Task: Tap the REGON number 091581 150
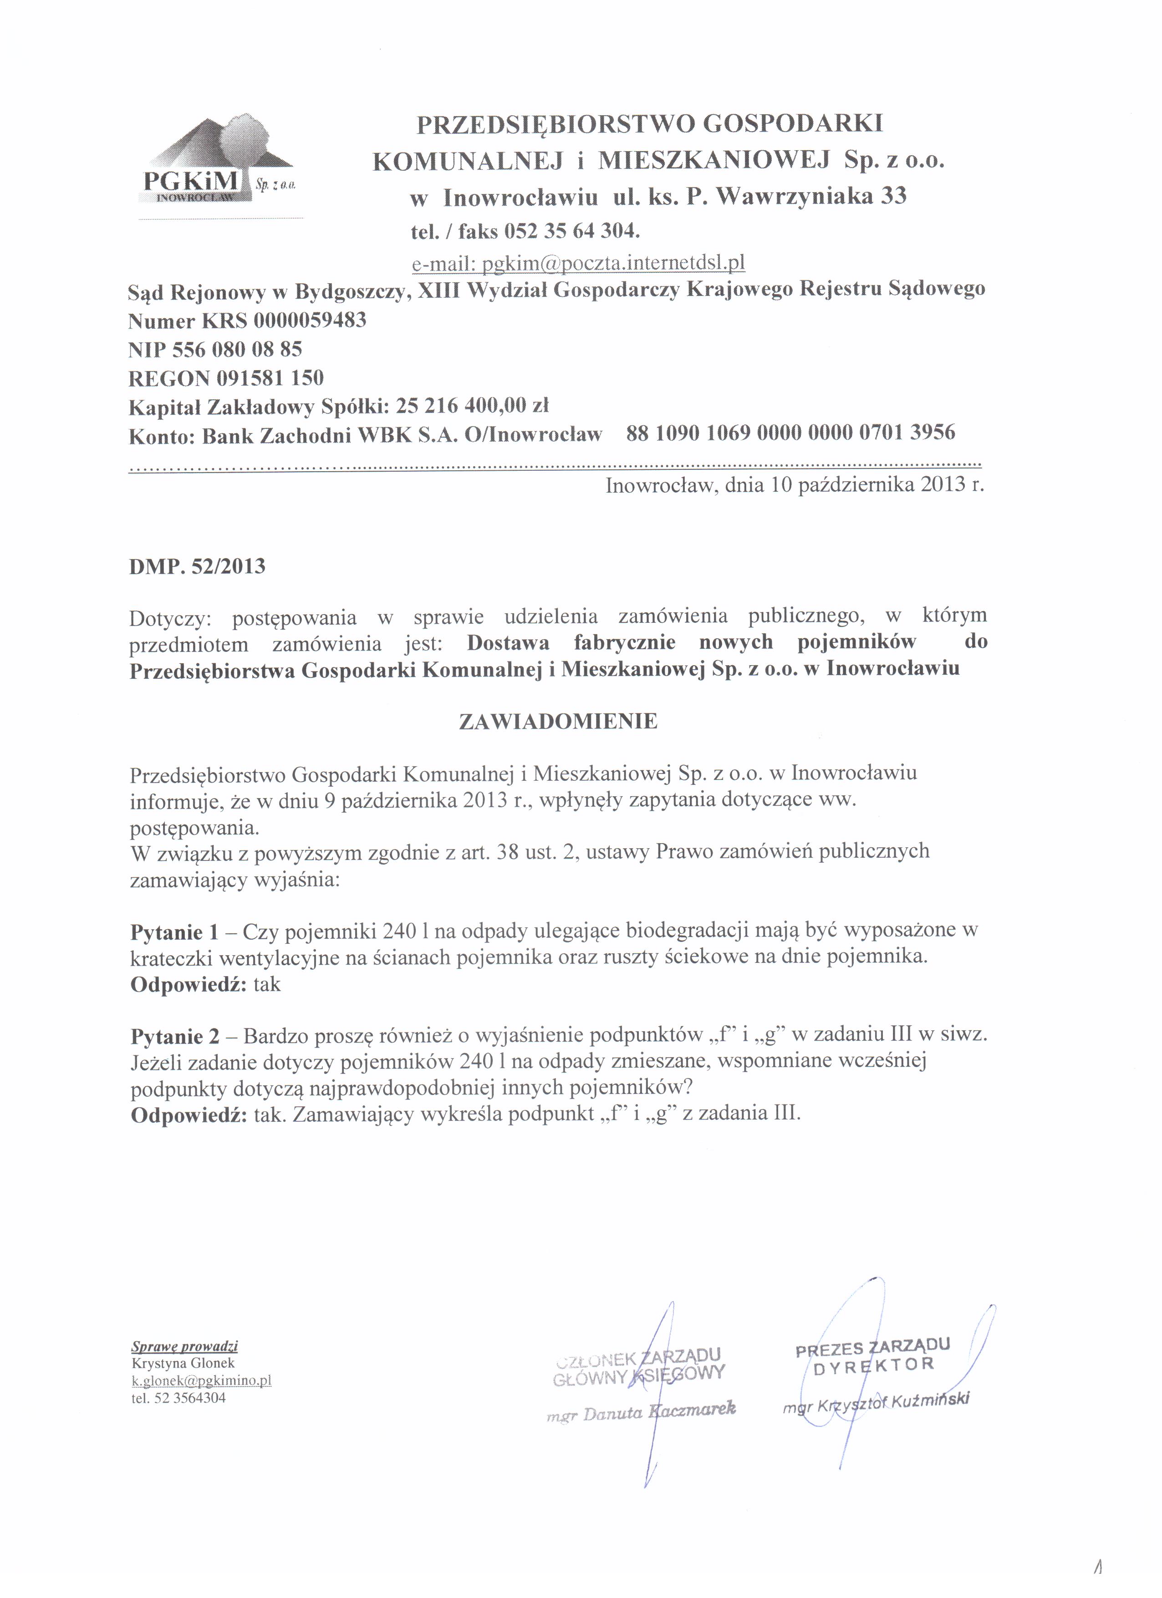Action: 270,378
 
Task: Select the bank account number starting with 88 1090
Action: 790,432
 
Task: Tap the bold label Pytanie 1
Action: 175,933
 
